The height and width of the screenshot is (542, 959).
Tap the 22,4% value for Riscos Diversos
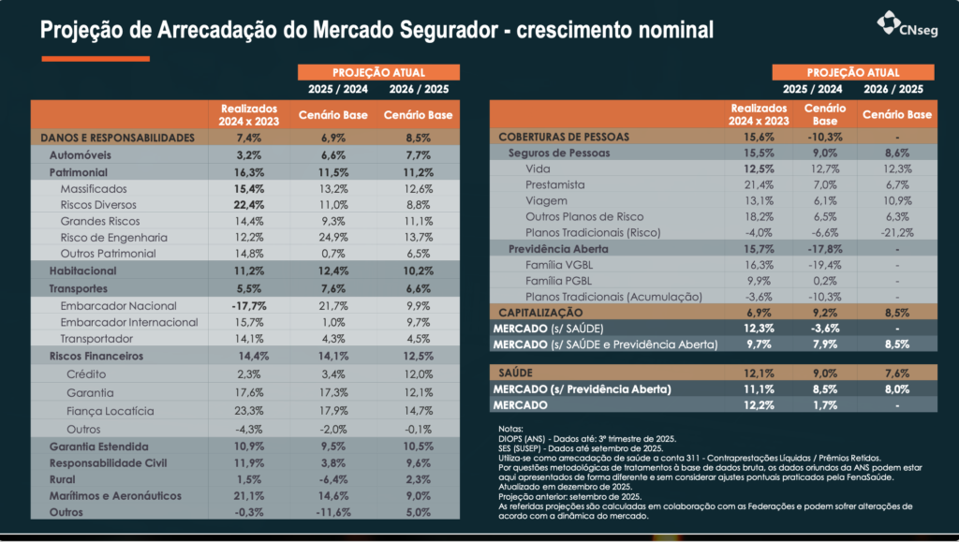(247, 205)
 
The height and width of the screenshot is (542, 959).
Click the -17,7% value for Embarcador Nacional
(247, 306)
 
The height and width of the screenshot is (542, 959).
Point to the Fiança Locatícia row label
(110, 411)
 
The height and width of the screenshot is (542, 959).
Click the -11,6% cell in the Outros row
(334, 513)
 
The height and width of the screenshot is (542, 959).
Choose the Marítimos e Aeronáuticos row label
(117, 496)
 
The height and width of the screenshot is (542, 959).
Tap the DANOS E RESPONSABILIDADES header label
(117, 138)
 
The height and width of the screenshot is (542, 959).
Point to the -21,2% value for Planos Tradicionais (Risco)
(897, 232)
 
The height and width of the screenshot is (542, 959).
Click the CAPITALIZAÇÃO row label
(541, 312)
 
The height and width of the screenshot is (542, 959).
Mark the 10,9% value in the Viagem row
(897, 201)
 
